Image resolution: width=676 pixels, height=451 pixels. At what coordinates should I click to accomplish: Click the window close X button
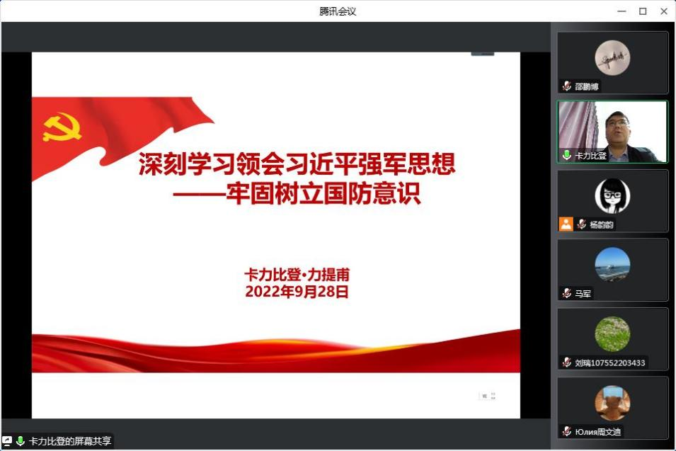[664, 11]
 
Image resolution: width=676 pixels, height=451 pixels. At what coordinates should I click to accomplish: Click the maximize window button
[643, 11]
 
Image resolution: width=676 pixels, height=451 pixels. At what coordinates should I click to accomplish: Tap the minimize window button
[621, 11]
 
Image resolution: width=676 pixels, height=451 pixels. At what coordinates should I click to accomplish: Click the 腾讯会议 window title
[338, 11]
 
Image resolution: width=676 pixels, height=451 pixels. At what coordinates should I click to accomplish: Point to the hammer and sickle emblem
[62, 127]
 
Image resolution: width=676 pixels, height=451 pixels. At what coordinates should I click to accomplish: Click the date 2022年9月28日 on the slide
[297, 292]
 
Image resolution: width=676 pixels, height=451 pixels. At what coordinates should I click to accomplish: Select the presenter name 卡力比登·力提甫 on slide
[297, 275]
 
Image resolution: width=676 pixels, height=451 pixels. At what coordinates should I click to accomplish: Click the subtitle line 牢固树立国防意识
[323, 193]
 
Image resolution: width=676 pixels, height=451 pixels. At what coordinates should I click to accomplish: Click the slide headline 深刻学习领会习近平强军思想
[297, 164]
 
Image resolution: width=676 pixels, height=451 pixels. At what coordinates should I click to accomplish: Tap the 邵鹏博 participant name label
[587, 86]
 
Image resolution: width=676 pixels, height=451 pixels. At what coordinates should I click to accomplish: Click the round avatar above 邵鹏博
[612, 58]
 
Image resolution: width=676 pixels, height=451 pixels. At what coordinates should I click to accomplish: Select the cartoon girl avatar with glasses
[612, 195]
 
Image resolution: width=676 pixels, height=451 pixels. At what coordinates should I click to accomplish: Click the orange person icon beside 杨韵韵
[566, 224]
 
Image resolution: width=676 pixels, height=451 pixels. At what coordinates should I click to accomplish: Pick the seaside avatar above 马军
[612, 264]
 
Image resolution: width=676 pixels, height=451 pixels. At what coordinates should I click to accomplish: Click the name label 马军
[583, 294]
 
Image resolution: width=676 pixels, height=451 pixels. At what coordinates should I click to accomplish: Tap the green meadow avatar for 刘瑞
[612, 333]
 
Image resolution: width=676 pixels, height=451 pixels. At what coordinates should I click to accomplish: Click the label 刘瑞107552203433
[610, 363]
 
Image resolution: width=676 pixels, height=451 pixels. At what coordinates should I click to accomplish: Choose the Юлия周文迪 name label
[598, 432]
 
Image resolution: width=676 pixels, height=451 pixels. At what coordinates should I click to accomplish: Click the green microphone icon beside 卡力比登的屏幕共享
[20, 440]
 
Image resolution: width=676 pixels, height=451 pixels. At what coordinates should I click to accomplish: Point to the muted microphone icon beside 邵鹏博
[566, 86]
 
